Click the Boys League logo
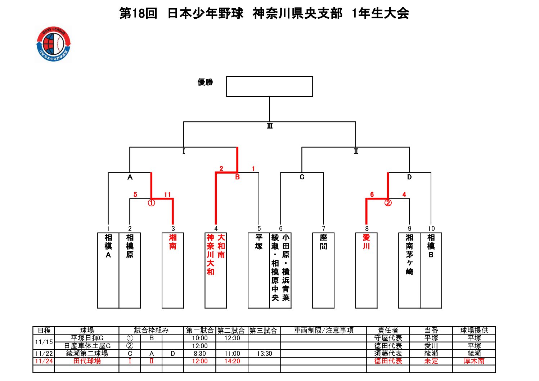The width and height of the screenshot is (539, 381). (54, 44)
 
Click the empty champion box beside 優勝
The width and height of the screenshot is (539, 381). (269, 86)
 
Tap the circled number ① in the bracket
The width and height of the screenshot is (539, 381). (151, 203)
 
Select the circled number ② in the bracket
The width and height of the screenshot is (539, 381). (388, 203)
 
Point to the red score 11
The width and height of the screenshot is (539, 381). (167, 195)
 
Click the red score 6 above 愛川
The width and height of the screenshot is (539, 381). (372, 195)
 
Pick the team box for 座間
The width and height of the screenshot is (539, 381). (323, 270)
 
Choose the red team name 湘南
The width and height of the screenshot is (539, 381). (173, 242)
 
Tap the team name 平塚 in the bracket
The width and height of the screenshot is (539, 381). (259, 242)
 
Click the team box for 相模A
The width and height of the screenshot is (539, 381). (108, 270)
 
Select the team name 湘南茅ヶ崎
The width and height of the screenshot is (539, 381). (409, 254)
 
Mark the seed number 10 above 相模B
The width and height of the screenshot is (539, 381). (431, 229)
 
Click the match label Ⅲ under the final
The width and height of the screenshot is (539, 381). (270, 126)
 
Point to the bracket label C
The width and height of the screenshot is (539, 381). (302, 177)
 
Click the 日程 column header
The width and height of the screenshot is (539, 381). (44, 330)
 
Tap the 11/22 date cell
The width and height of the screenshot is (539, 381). (44, 354)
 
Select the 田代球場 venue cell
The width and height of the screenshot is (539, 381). (87, 361)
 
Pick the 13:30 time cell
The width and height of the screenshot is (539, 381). (264, 354)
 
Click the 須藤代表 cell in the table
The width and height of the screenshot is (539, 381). (388, 354)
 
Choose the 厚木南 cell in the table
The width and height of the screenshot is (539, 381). (474, 361)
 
